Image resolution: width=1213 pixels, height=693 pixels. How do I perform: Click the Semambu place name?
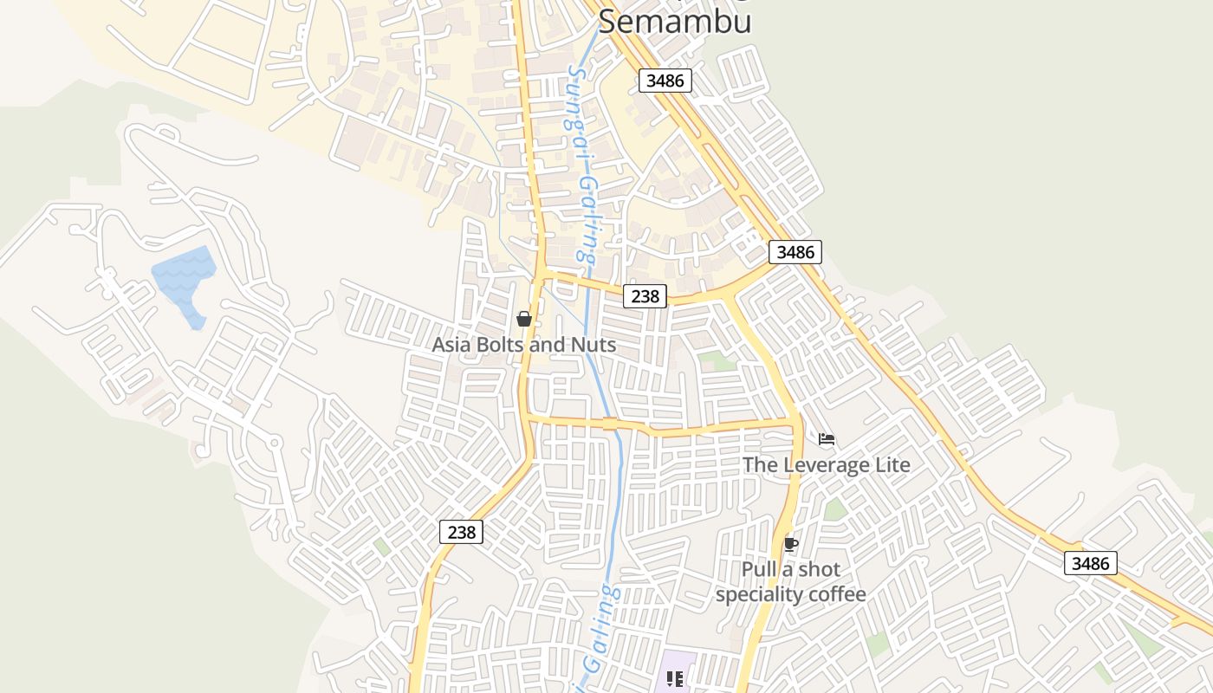click(674, 22)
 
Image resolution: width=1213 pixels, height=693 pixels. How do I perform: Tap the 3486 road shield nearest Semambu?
click(665, 81)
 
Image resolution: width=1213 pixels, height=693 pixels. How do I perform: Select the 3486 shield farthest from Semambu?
click(1090, 563)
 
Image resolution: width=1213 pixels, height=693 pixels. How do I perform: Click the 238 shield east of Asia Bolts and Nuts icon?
click(645, 296)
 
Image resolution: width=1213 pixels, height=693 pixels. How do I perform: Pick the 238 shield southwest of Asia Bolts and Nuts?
click(461, 532)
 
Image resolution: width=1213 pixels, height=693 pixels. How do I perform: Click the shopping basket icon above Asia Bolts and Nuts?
click(524, 319)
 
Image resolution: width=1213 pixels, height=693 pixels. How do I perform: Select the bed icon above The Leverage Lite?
click(827, 439)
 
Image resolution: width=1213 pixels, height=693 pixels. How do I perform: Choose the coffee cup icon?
click(790, 544)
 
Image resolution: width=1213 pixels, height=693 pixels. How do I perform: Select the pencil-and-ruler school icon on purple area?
click(676, 679)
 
